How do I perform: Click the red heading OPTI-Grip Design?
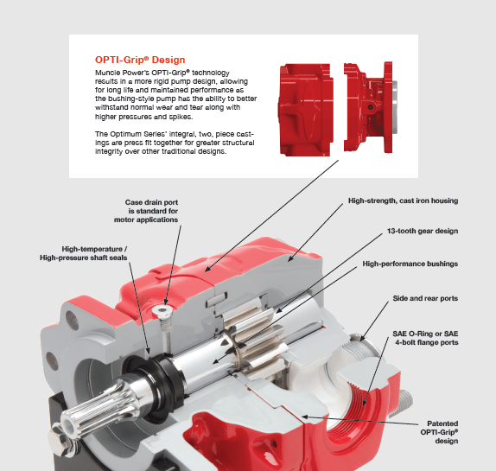[140, 60]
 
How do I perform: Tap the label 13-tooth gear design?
[423, 231]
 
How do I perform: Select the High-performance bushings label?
[410, 264]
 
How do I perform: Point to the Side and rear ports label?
[425, 298]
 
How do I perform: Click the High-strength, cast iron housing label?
[404, 200]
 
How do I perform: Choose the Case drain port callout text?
[146, 211]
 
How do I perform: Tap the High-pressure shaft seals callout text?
[84, 253]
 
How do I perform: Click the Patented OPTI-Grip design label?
[439, 432]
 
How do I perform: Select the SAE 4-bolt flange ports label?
[425, 338]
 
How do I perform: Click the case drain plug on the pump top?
[162, 312]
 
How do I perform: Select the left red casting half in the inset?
[306, 110]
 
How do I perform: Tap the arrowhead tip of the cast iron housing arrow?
[288, 261]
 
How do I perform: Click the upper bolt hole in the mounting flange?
[72, 320]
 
